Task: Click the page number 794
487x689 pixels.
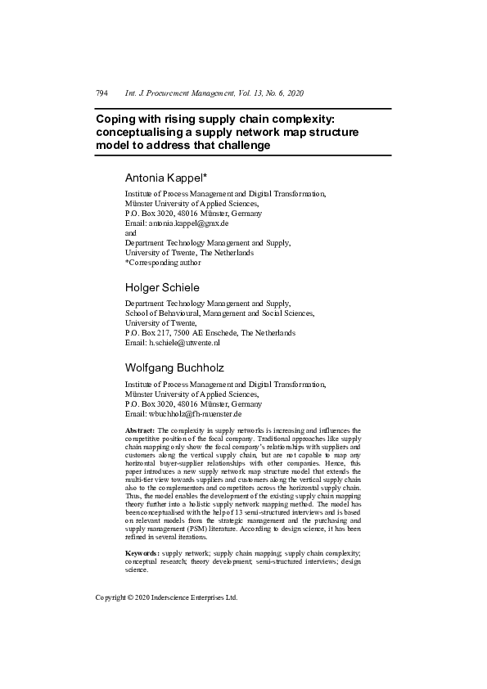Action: tap(102, 94)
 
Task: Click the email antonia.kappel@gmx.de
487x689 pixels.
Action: tap(188, 223)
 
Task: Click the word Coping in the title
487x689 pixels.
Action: tap(115, 119)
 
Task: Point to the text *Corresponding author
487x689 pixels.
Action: tap(162, 263)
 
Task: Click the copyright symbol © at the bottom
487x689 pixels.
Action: tap(133, 597)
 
